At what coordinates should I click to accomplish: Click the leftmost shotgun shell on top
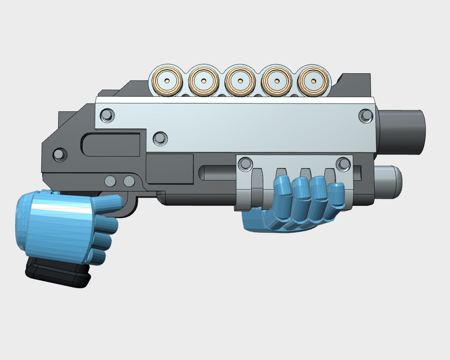pos(167,81)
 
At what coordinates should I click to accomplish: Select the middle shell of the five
pos(240,81)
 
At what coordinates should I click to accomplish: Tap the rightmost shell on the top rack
pos(312,81)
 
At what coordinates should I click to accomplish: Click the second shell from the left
pos(203,81)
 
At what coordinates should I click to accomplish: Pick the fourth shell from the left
pos(277,81)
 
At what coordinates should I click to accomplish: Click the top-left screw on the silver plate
pos(106,115)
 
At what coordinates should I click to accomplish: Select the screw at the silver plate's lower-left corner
pos(160,137)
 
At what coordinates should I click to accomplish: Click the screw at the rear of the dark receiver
pos(58,152)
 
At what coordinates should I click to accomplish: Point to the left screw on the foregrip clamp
pos(245,164)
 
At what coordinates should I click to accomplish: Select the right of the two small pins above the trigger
pos(129,181)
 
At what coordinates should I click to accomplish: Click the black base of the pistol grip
pos(59,274)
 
